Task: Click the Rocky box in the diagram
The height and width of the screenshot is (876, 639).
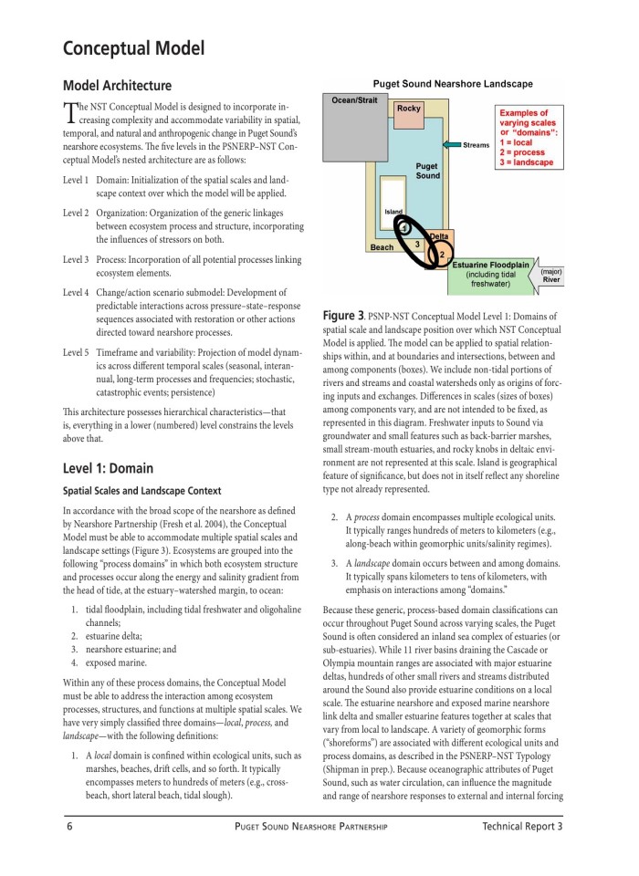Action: [409, 109]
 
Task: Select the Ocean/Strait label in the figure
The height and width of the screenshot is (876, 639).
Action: [354, 99]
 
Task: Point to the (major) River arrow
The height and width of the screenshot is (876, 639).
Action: [550, 276]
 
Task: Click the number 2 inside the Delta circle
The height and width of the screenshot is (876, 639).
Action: [442, 253]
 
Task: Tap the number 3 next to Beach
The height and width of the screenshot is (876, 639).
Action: [417, 244]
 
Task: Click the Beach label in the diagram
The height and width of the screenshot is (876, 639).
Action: [382, 247]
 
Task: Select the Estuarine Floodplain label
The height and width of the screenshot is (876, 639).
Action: [491, 265]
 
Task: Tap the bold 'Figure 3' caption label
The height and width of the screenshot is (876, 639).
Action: [344, 316]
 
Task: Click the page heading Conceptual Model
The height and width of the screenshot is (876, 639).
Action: [133, 48]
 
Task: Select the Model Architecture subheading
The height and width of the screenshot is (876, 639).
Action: [117, 86]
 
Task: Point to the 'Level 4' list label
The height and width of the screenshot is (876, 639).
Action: [76, 293]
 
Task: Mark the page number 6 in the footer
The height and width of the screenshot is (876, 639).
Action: [69, 827]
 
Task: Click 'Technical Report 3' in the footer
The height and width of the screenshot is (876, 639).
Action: [522, 827]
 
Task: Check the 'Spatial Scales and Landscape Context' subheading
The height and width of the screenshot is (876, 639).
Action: [141, 491]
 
